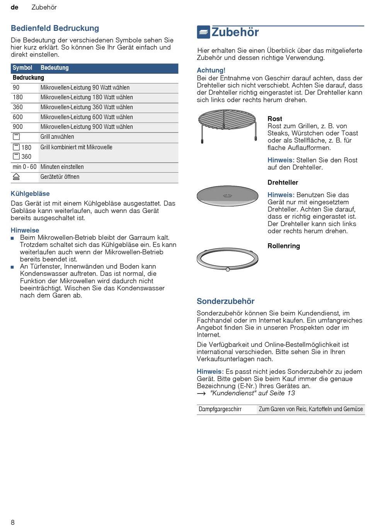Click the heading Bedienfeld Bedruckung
click(55, 28)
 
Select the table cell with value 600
click(18, 117)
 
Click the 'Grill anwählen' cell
click(57, 137)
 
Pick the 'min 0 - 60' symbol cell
click(24, 167)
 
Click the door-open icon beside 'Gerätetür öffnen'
click(16, 177)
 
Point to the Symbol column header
click(22, 68)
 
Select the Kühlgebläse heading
click(30, 193)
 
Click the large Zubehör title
click(235, 32)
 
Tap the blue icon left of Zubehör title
click(203, 32)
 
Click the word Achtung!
click(211, 70)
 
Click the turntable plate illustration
click(227, 195)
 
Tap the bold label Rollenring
click(284, 246)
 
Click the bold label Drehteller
click(283, 182)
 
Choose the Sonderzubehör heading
click(226, 301)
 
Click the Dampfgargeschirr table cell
click(220, 409)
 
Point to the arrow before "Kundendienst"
click(201, 393)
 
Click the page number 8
click(13, 522)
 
